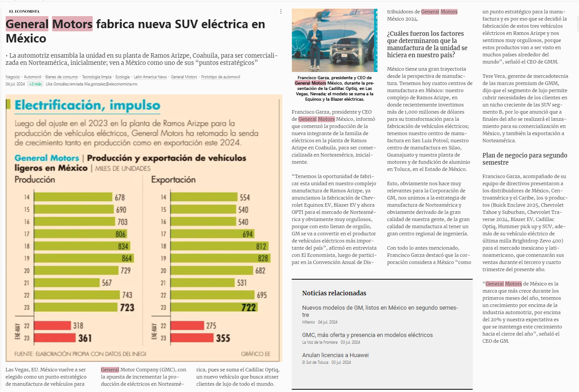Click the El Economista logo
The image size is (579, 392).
click(24, 11)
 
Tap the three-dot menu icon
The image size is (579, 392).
click(281, 11)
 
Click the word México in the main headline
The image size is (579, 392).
click(26, 38)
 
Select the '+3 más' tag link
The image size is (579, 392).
click(35, 84)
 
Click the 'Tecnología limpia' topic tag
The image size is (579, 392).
click(97, 77)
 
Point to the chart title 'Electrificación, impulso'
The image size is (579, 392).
click(87, 106)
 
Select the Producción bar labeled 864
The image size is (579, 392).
click(84, 258)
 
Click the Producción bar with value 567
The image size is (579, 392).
click(67, 282)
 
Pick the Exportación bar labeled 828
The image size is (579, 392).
click(220, 258)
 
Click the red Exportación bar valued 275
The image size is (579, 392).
click(187, 325)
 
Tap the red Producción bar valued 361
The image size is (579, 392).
click(55, 338)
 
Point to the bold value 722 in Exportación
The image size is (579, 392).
click(249, 307)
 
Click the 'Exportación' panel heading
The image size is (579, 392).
click(173, 179)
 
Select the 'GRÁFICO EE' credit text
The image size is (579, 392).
click(255, 354)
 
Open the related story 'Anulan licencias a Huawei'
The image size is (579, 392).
click(335, 355)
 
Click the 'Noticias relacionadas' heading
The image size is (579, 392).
click(334, 293)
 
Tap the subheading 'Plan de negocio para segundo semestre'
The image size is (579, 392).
click(525, 159)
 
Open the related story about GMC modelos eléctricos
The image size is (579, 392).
click(368, 335)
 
